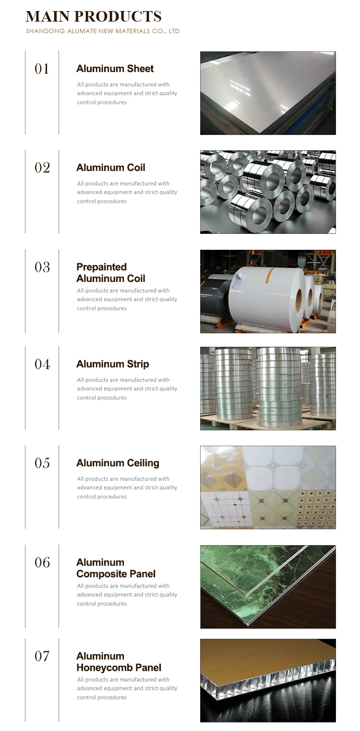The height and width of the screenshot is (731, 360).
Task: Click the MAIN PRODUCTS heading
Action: tap(94, 16)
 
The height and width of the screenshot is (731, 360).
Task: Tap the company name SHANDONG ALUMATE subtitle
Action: tap(103, 31)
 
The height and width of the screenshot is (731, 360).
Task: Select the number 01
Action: tap(42, 69)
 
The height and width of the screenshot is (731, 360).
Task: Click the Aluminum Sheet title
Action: tap(115, 69)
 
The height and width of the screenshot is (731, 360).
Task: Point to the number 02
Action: tap(42, 168)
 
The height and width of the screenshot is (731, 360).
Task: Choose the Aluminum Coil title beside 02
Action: tap(110, 168)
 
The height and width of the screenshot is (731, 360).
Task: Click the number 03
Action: tap(42, 267)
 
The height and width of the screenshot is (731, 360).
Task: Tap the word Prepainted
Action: tap(101, 267)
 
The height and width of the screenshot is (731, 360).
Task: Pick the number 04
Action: tap(42, 365)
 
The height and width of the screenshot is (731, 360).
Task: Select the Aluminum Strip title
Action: tap(112, 364)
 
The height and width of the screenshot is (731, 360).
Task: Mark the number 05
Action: tap(42, 463)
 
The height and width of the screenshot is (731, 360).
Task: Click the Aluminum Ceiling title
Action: tap(118, 463)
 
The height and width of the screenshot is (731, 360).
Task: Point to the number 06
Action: tap(42, 562)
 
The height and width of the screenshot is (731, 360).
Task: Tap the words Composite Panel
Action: tap(116, 574)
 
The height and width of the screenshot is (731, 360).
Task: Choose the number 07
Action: tap(42, 656)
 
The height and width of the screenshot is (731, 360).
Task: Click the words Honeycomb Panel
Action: tap(119, 668)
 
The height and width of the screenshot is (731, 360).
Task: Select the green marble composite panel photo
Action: tap(268, 586)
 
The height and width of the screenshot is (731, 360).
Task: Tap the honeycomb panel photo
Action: tap(268, 680)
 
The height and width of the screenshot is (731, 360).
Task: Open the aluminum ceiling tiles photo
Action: tap(268, 487)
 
